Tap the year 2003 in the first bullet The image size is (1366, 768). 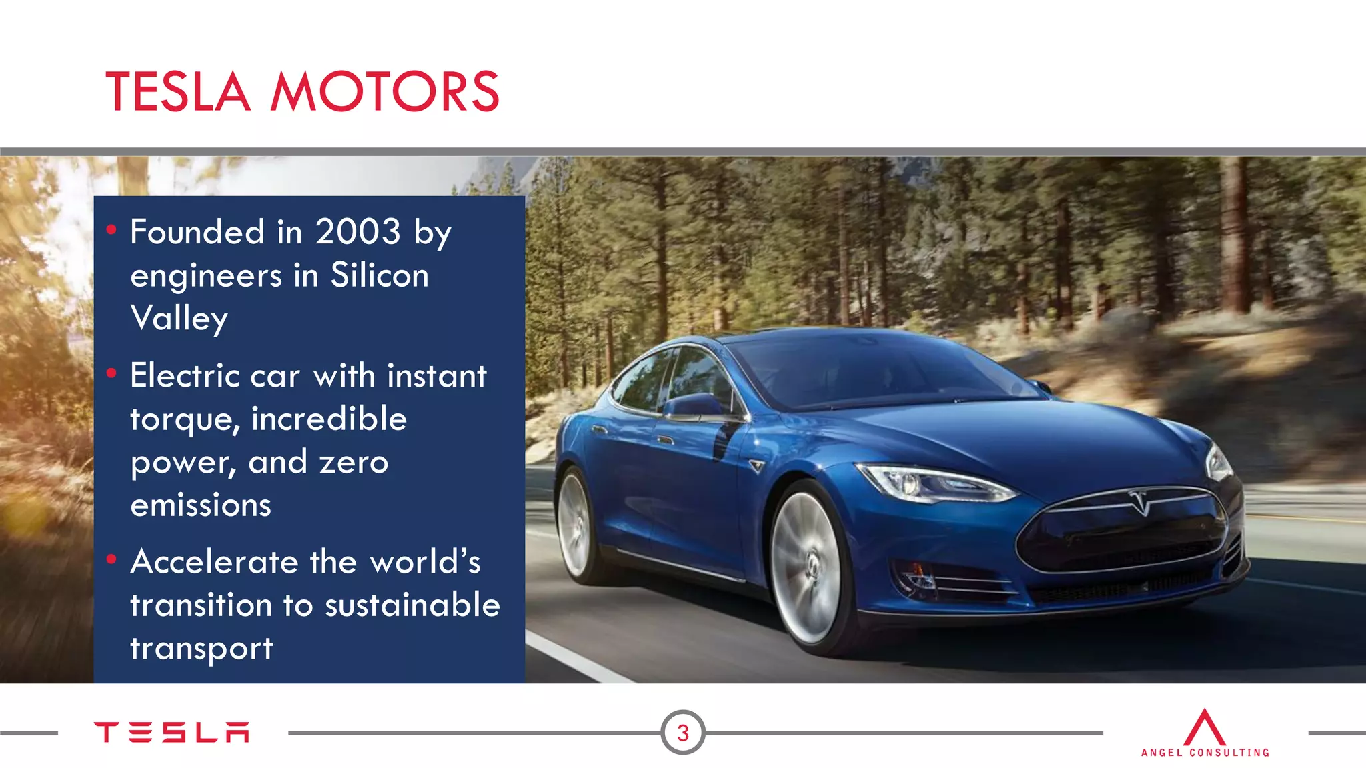(358, 232)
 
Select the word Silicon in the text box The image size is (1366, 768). (380, 275)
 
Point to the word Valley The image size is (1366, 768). (179, 319)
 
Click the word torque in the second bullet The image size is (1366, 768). (184, 420)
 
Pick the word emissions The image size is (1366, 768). (201, 505)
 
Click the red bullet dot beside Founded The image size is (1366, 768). (111, 230)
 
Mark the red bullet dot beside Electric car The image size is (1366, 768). (111, 373)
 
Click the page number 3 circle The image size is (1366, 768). (682, 733)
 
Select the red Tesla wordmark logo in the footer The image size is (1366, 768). (171, 732)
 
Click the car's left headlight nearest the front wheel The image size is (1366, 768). (934, 483)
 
